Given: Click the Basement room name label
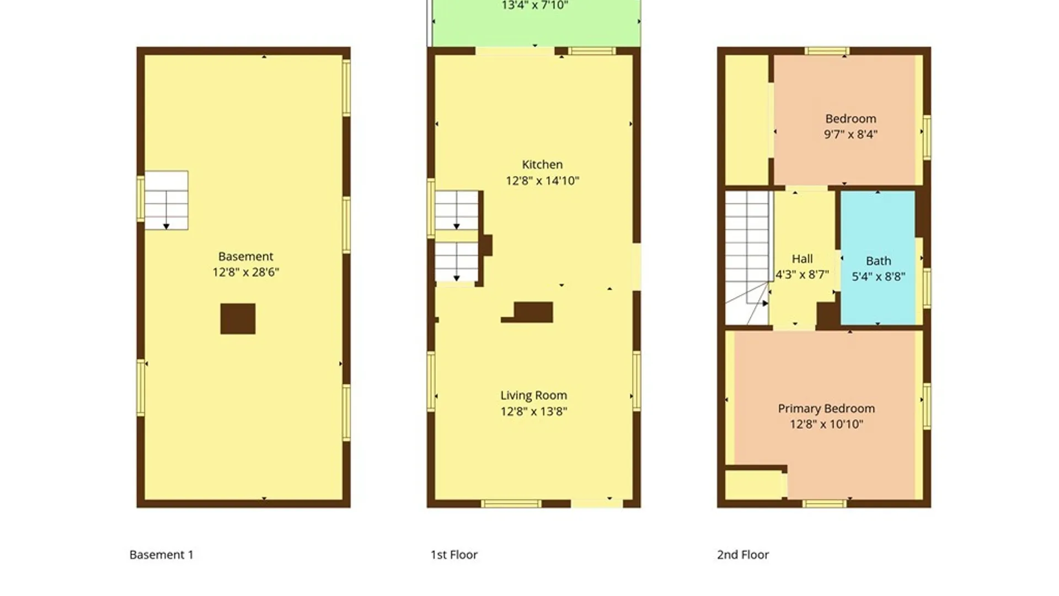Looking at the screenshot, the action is [245, 257].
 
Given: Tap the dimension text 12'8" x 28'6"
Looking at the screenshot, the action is [246, 272].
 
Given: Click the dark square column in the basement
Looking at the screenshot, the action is [238, 319].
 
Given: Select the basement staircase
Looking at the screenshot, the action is [166, 200].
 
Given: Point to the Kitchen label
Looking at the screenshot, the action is [542, 164].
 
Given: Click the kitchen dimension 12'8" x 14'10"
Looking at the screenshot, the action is [542, 180].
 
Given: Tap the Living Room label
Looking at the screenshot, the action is [533, 396].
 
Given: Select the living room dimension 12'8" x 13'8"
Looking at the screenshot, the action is [533, 411].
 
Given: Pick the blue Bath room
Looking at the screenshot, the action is [878, 258].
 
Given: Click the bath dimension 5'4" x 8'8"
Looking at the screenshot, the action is [878, 276].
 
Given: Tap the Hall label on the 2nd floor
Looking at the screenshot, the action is [802, 259].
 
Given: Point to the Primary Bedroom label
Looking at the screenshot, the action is [826, 409].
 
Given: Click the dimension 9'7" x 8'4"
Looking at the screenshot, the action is [851, 134].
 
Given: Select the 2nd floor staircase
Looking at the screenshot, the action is [747, 258].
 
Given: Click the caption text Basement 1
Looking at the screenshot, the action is [161, 555].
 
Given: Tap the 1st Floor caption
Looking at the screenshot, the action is [454, 555].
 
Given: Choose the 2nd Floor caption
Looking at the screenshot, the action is [743, 555].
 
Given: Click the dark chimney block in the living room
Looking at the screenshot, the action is [533, 312].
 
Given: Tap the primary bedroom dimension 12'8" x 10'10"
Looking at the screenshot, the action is [826, 424].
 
